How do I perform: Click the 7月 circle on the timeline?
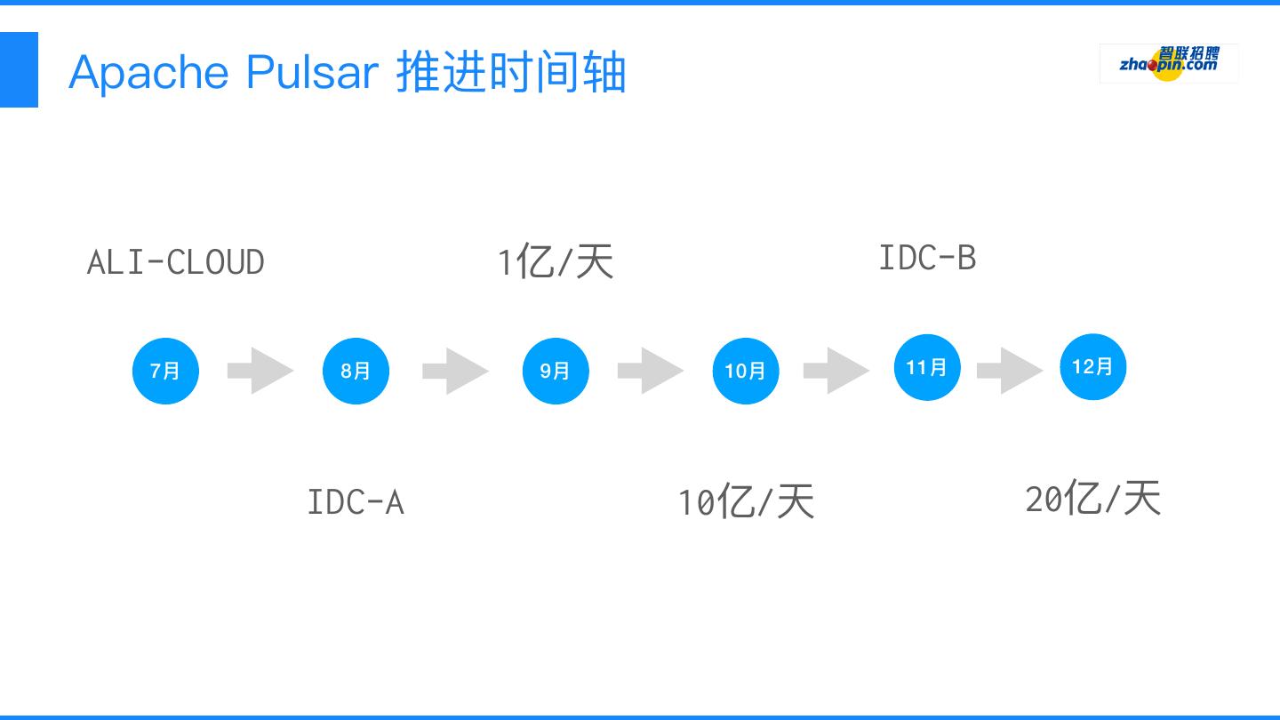pyautogui.click(x=165, y=371)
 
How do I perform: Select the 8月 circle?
pyautogui.click(x=356, y=371)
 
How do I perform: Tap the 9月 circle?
pyautogui.click(x=556, y=371)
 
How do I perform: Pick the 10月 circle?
pyautogui.click(x=746, y=371)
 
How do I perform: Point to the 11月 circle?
pyautogui.click(x=927, y=367)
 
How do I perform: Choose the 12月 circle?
pyautogui.click(x=1092, y=366)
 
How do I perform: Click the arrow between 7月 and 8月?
pyautogui.click(x=260, y=371)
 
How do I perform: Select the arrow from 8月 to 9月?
pyautogui.click(x=455, y=371)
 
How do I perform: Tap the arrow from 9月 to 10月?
pyautogui.click(x=651, y=371)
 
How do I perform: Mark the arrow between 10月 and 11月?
pyautogui.click(x=836, y=371)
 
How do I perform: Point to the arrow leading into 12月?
pyautogui.click(x=1010, y=371)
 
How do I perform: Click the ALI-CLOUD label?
pyautogui.click(x=176, y=262)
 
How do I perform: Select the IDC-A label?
pyautogui.click(x=356, y=502)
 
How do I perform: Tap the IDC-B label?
pyautogui.click(x=927, y=258)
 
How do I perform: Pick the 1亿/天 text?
pyautogui.click(x=556, y=262)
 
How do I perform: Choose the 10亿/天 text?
pyautogui.click(x=746, y=502)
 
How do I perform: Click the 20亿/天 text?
pyautogui.click(x=1092, y=499)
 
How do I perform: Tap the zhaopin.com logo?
pyautogui.click(x=1169, y=63)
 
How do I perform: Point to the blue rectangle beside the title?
pyautogui.click(x=19, y=69)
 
